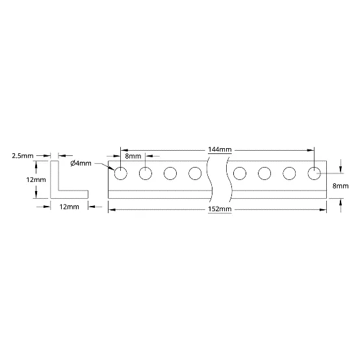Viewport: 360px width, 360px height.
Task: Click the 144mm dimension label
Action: pos(220,149)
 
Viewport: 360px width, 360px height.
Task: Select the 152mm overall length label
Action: pos(220,209)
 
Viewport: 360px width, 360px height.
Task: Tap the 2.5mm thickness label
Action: pos(23,156)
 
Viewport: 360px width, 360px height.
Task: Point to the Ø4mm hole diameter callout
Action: pos(81,163)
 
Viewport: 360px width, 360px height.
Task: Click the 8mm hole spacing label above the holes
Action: pos(133,157)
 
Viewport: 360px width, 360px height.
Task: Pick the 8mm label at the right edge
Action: pos(341,186)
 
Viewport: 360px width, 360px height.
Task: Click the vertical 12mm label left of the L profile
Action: pos(36,179)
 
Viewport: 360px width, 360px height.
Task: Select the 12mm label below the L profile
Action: pos(69,207)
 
